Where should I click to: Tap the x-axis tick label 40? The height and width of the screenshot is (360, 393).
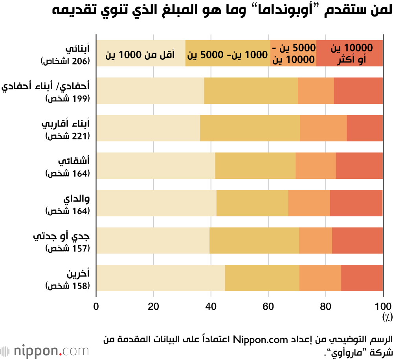coord(211,306)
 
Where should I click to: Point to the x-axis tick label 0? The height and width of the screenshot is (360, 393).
coord(96,306)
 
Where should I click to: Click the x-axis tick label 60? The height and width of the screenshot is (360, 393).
coord(268,306)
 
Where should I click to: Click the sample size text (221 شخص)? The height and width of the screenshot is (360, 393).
coord(68,136)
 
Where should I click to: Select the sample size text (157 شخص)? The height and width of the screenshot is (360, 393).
coord(68,248)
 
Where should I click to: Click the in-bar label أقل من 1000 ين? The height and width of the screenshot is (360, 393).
coord(140,54)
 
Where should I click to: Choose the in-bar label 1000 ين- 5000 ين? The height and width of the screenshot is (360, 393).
coord(228,54)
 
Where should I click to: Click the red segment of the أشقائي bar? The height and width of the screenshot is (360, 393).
coord(359,165)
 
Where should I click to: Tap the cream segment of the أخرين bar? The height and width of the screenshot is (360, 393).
coord(160,278)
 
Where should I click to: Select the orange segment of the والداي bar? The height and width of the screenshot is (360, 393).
coord(309,203)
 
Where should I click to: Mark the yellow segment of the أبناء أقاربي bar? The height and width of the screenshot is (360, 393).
coord(250,128)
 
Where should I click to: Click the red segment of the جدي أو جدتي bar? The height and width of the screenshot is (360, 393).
coord(357,240)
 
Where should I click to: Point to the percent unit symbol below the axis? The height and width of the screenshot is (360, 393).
coord(386,316)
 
